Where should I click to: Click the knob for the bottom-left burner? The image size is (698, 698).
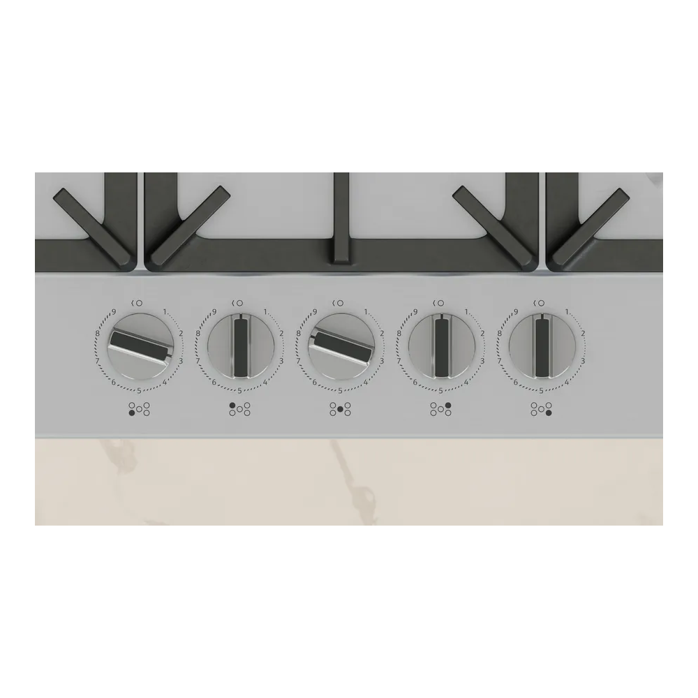(x=140, y=346)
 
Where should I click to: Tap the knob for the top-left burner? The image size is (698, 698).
(x=240, y=346)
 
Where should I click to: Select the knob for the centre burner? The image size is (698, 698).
(x=341, y=346)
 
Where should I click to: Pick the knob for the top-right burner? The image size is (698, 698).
(x=441, y=346)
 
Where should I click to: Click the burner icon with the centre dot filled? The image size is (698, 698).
(x=340, y=410)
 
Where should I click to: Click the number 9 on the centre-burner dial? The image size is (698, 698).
(x=315, y=312)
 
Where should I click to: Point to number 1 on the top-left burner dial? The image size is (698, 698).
(x=265, y=312)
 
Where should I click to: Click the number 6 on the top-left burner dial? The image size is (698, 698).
(x=214, y=382)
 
